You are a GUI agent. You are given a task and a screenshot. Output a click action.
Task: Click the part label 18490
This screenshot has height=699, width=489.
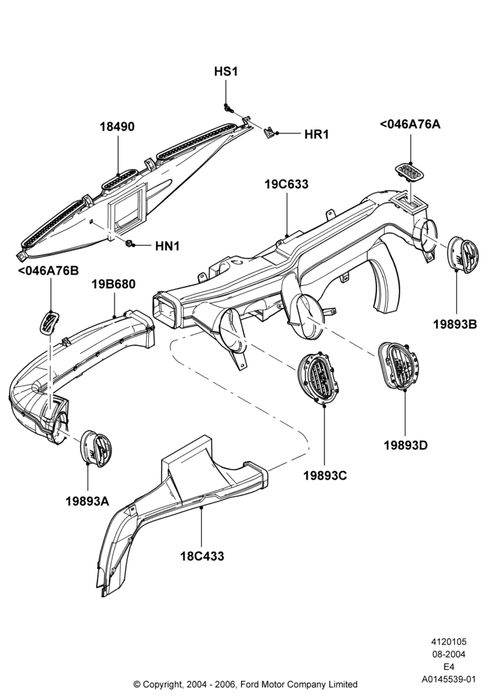(117, 127)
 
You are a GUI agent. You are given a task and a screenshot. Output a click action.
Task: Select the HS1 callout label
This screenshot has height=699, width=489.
(226, 71)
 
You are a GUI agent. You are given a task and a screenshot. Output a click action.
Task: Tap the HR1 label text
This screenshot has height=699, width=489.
(316, 134)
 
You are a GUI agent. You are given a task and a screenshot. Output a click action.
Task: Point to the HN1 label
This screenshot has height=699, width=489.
(167, 245)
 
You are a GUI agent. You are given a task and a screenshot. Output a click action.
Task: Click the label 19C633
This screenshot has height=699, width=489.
(286, 184)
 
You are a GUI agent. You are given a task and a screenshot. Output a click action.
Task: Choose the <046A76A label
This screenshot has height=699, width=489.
(410, 124)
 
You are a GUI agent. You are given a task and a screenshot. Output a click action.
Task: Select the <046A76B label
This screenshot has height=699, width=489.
(48, 271)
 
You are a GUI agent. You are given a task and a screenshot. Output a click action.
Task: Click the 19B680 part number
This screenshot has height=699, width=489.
(114, 284)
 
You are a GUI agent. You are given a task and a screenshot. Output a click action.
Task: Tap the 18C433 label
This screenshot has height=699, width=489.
(202, 556)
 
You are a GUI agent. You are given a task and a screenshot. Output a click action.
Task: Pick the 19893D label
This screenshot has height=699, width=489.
(406, 445)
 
